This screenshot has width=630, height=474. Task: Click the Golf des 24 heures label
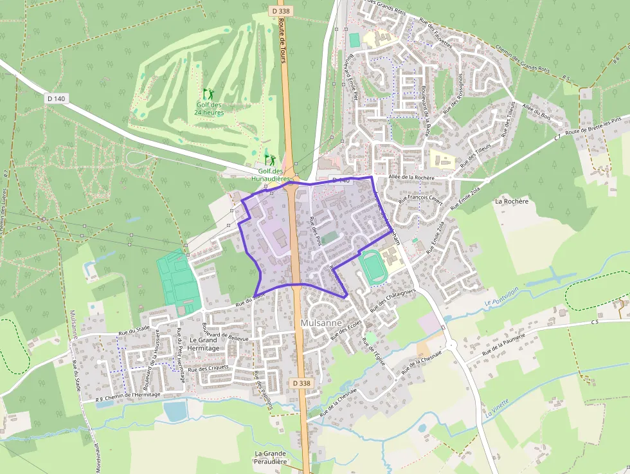(209, 109)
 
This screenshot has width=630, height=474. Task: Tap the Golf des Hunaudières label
(271, 175)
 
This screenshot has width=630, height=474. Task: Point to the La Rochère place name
(511, 201)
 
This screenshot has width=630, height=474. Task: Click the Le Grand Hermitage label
(204, 343)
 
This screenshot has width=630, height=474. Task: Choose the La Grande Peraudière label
(270, 457)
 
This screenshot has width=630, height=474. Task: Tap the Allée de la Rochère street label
(411, 178)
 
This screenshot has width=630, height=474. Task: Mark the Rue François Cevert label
(420, 192)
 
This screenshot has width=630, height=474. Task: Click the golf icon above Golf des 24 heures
(208, 94)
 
